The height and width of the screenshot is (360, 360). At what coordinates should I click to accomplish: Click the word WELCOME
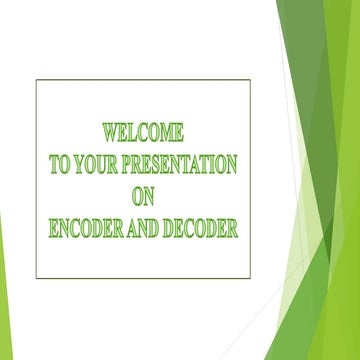pyautogui.click(x=143, y=132)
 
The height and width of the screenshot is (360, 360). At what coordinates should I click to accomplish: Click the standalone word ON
pyautogui.click(x=143, y=197)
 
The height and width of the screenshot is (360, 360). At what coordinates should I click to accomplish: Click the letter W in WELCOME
pyautogui.click(x=109, y=132)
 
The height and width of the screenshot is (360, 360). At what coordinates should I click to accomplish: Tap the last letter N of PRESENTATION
pyautogui.click(x=231, y=165)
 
